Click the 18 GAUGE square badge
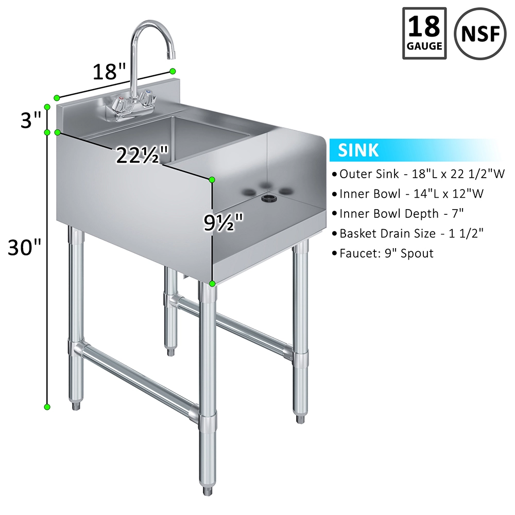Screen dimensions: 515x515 (x=424, y=33)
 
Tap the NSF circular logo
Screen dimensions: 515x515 (x=480, y=33)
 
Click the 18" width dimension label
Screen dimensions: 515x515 (x=109, y=72)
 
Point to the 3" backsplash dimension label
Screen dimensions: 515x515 (x=30, y=120)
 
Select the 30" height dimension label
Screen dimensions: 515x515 (x=24, y=247)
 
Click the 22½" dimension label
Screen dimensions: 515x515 (x=142, y=155)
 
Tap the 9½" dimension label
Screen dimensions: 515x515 (x=224, y=222)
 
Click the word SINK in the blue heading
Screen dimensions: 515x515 (x=358, y=150)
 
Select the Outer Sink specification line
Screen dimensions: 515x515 (x=418, y=174)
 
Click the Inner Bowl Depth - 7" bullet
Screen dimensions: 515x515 (x=398, y=214)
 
